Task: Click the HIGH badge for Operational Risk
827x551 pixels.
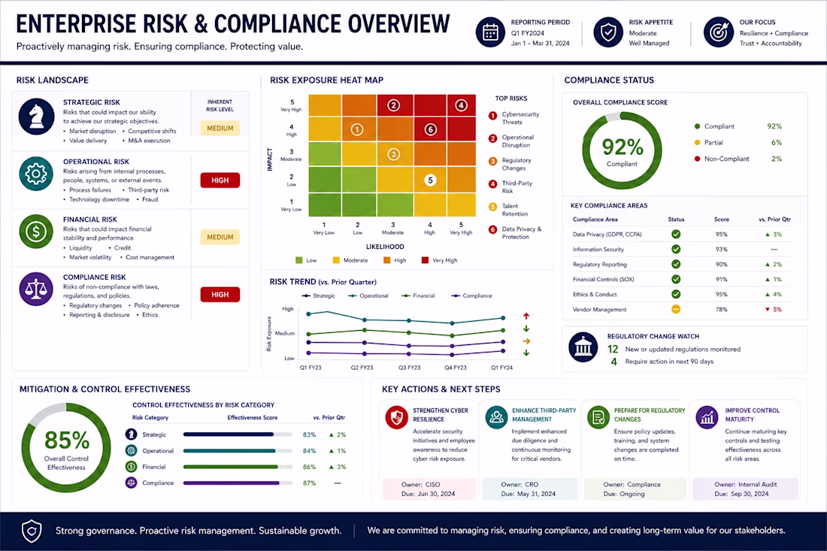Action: click(x=220, y=180)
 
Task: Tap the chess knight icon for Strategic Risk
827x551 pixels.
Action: click(x=36, y=117)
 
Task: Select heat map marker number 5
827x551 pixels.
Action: click(x=430, y=180)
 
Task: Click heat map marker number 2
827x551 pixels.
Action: click(x=393, y=105)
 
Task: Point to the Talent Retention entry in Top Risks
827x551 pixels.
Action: click(x=515, y=210)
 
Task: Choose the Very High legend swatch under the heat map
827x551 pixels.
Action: click(x=425, y=260)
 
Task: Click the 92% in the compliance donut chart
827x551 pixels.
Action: click(x=623, y=147)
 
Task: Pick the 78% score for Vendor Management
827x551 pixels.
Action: click(x=722, y=310)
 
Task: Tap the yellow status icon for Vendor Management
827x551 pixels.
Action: click(x=676, y=310)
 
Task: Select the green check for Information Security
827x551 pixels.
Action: click(x=676, y=250)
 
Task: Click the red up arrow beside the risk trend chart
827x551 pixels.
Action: click(x=526, y=316)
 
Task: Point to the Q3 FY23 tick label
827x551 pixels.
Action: click(x=409, y=368)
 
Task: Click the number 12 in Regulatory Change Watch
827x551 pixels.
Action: click(x=613, y=349)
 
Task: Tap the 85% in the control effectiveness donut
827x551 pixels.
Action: click(x=66, y=440)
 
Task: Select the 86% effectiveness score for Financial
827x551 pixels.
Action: click(x=310, y=467)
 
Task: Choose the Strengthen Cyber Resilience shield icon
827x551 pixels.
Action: click(x=397, y=417)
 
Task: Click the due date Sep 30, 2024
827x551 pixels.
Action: click(x=750, y=494)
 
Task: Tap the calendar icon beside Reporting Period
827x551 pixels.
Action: click(x=490, y=32)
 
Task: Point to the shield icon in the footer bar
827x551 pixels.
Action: click(x=32, y=531)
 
